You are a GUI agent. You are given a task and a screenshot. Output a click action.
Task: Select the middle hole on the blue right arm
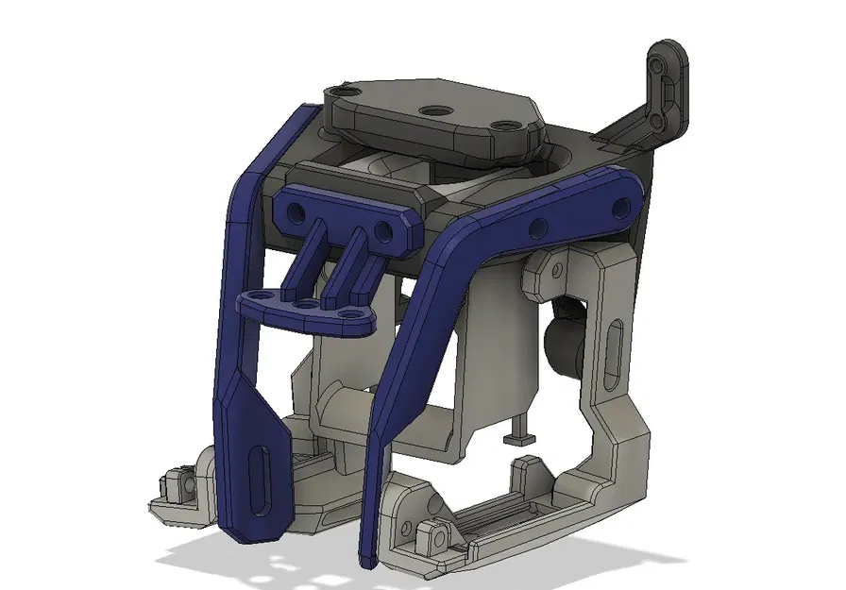click(539, 226)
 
